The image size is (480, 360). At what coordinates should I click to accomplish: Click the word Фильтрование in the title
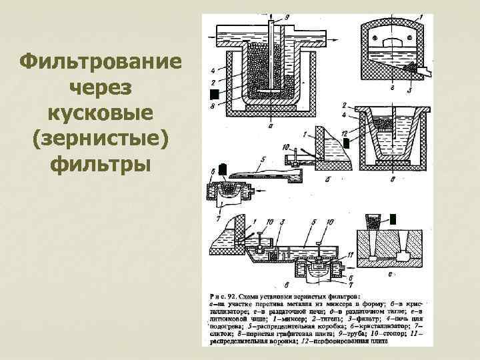102,65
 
